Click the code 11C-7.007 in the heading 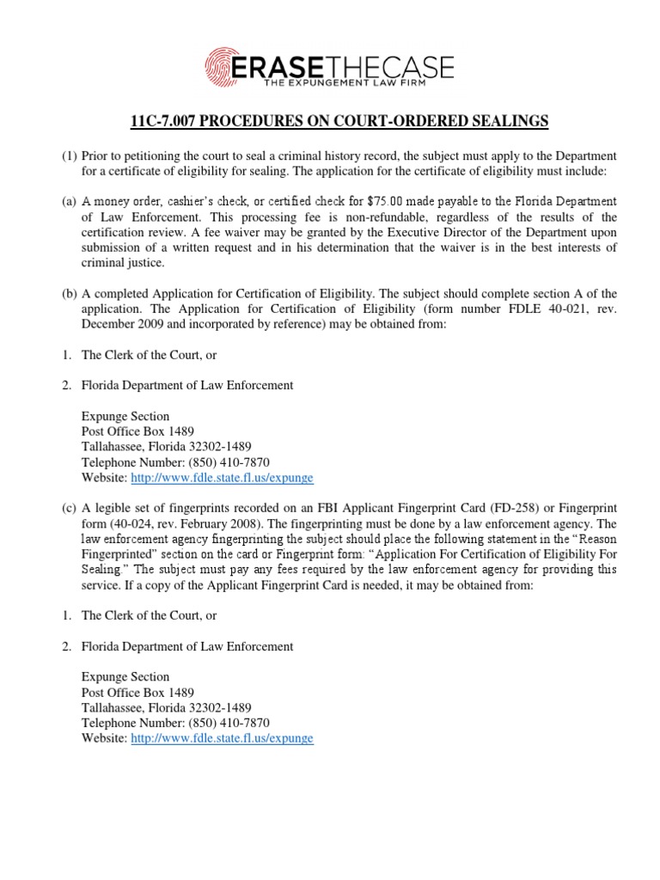point(163,121)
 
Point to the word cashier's point(188,201)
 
